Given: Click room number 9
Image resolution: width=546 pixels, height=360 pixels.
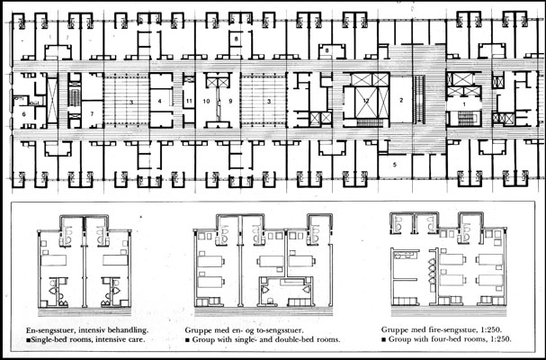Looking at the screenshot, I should point(230,102).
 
